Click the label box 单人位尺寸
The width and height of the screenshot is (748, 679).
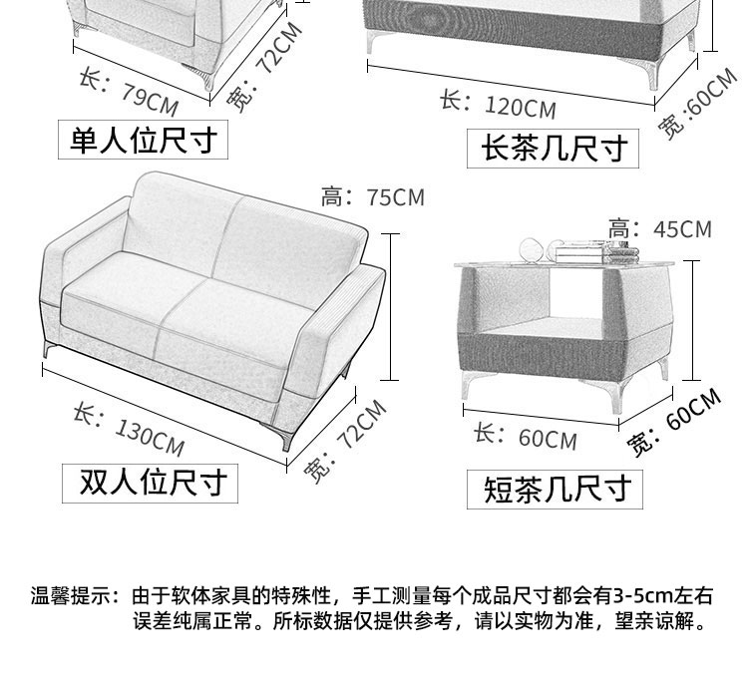142,140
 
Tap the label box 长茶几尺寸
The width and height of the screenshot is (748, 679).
553,148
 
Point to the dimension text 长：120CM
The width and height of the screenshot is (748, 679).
497,104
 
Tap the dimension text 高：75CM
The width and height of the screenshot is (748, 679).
373,196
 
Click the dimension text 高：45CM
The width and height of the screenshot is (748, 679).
660,229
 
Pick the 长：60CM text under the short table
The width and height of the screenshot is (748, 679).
525,436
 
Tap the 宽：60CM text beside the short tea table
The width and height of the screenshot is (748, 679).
674,423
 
